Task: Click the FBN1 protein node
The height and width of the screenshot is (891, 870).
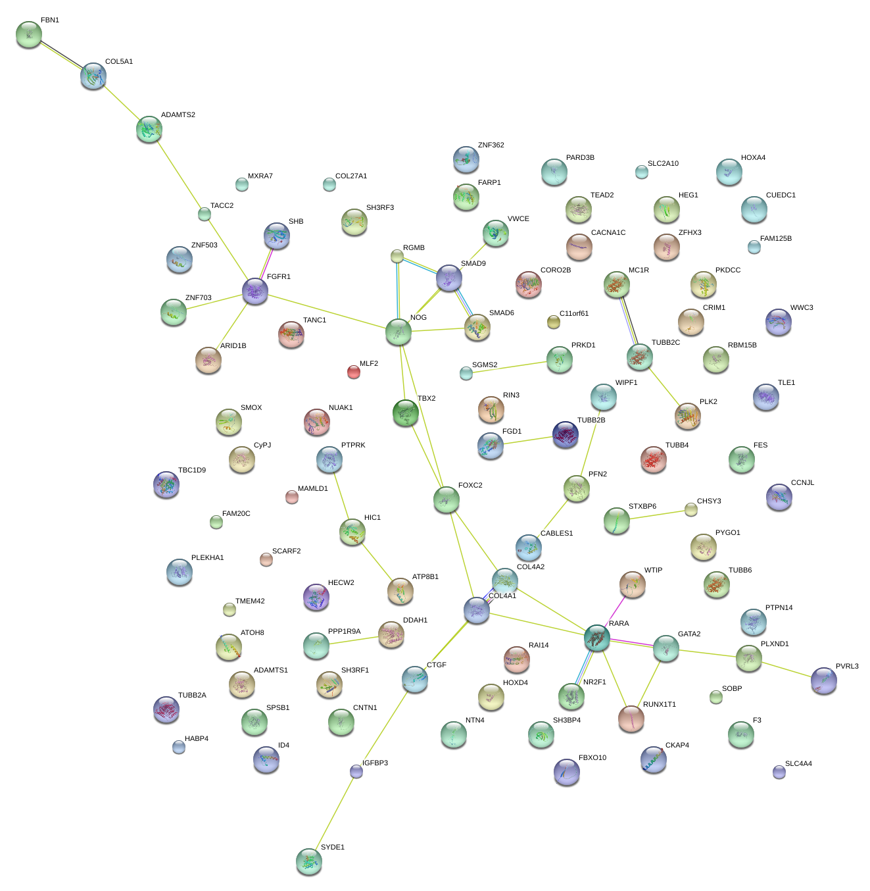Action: coord(28,34)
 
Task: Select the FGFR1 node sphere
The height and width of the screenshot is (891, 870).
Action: coord(255,290)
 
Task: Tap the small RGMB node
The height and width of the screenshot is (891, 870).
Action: coord(397,255)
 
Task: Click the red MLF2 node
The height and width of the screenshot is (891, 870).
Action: coord(353,372)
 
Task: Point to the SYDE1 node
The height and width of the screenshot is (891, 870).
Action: coord(308,861)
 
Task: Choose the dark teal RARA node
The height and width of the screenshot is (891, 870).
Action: coord(597,638)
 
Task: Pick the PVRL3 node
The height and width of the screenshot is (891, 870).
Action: coord(823,680)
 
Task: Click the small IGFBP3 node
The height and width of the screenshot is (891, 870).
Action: coord(356,771)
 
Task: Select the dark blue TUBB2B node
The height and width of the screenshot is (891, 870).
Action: coord(565,434)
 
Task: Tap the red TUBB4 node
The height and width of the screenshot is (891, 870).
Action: coord(653,459)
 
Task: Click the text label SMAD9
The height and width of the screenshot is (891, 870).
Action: coord(473,264)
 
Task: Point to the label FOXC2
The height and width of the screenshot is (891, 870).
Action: coord(470,486)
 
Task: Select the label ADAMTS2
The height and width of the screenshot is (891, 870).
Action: coord(178,115)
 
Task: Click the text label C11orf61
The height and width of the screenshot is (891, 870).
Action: coord(574,314)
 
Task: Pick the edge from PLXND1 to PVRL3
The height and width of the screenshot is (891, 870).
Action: coord(786,668)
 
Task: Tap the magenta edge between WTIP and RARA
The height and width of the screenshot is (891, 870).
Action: coord(616,611)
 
